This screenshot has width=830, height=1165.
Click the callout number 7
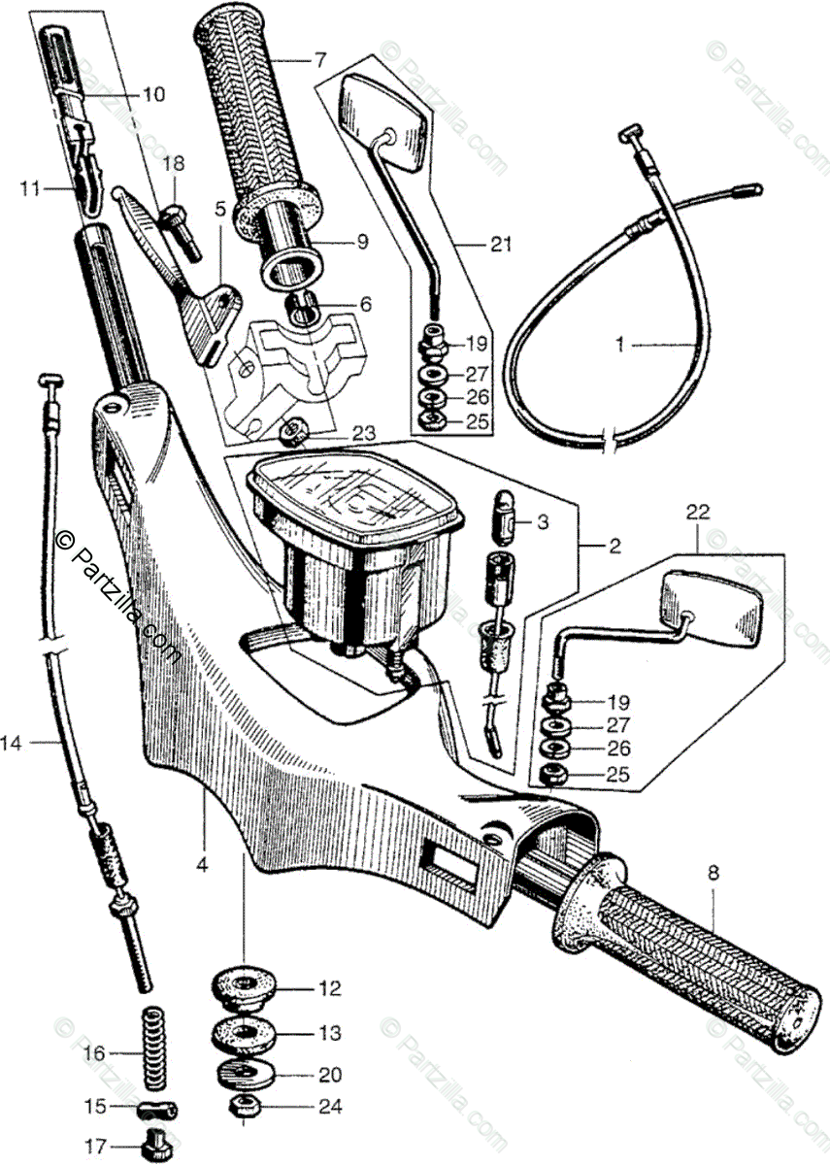click(320, 60)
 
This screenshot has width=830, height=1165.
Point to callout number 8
click(714, 873)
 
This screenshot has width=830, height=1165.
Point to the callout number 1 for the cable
click(620, 344)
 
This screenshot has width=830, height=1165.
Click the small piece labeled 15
click(155, 1108)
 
